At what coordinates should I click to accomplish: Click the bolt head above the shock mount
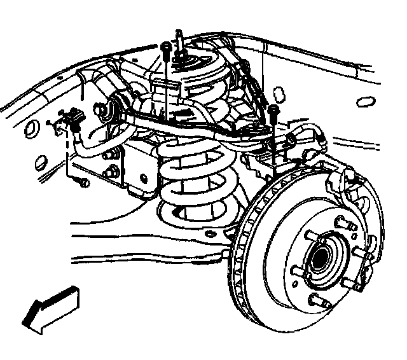(x=165, y=47)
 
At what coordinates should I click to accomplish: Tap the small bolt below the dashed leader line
(x=84, y=183)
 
